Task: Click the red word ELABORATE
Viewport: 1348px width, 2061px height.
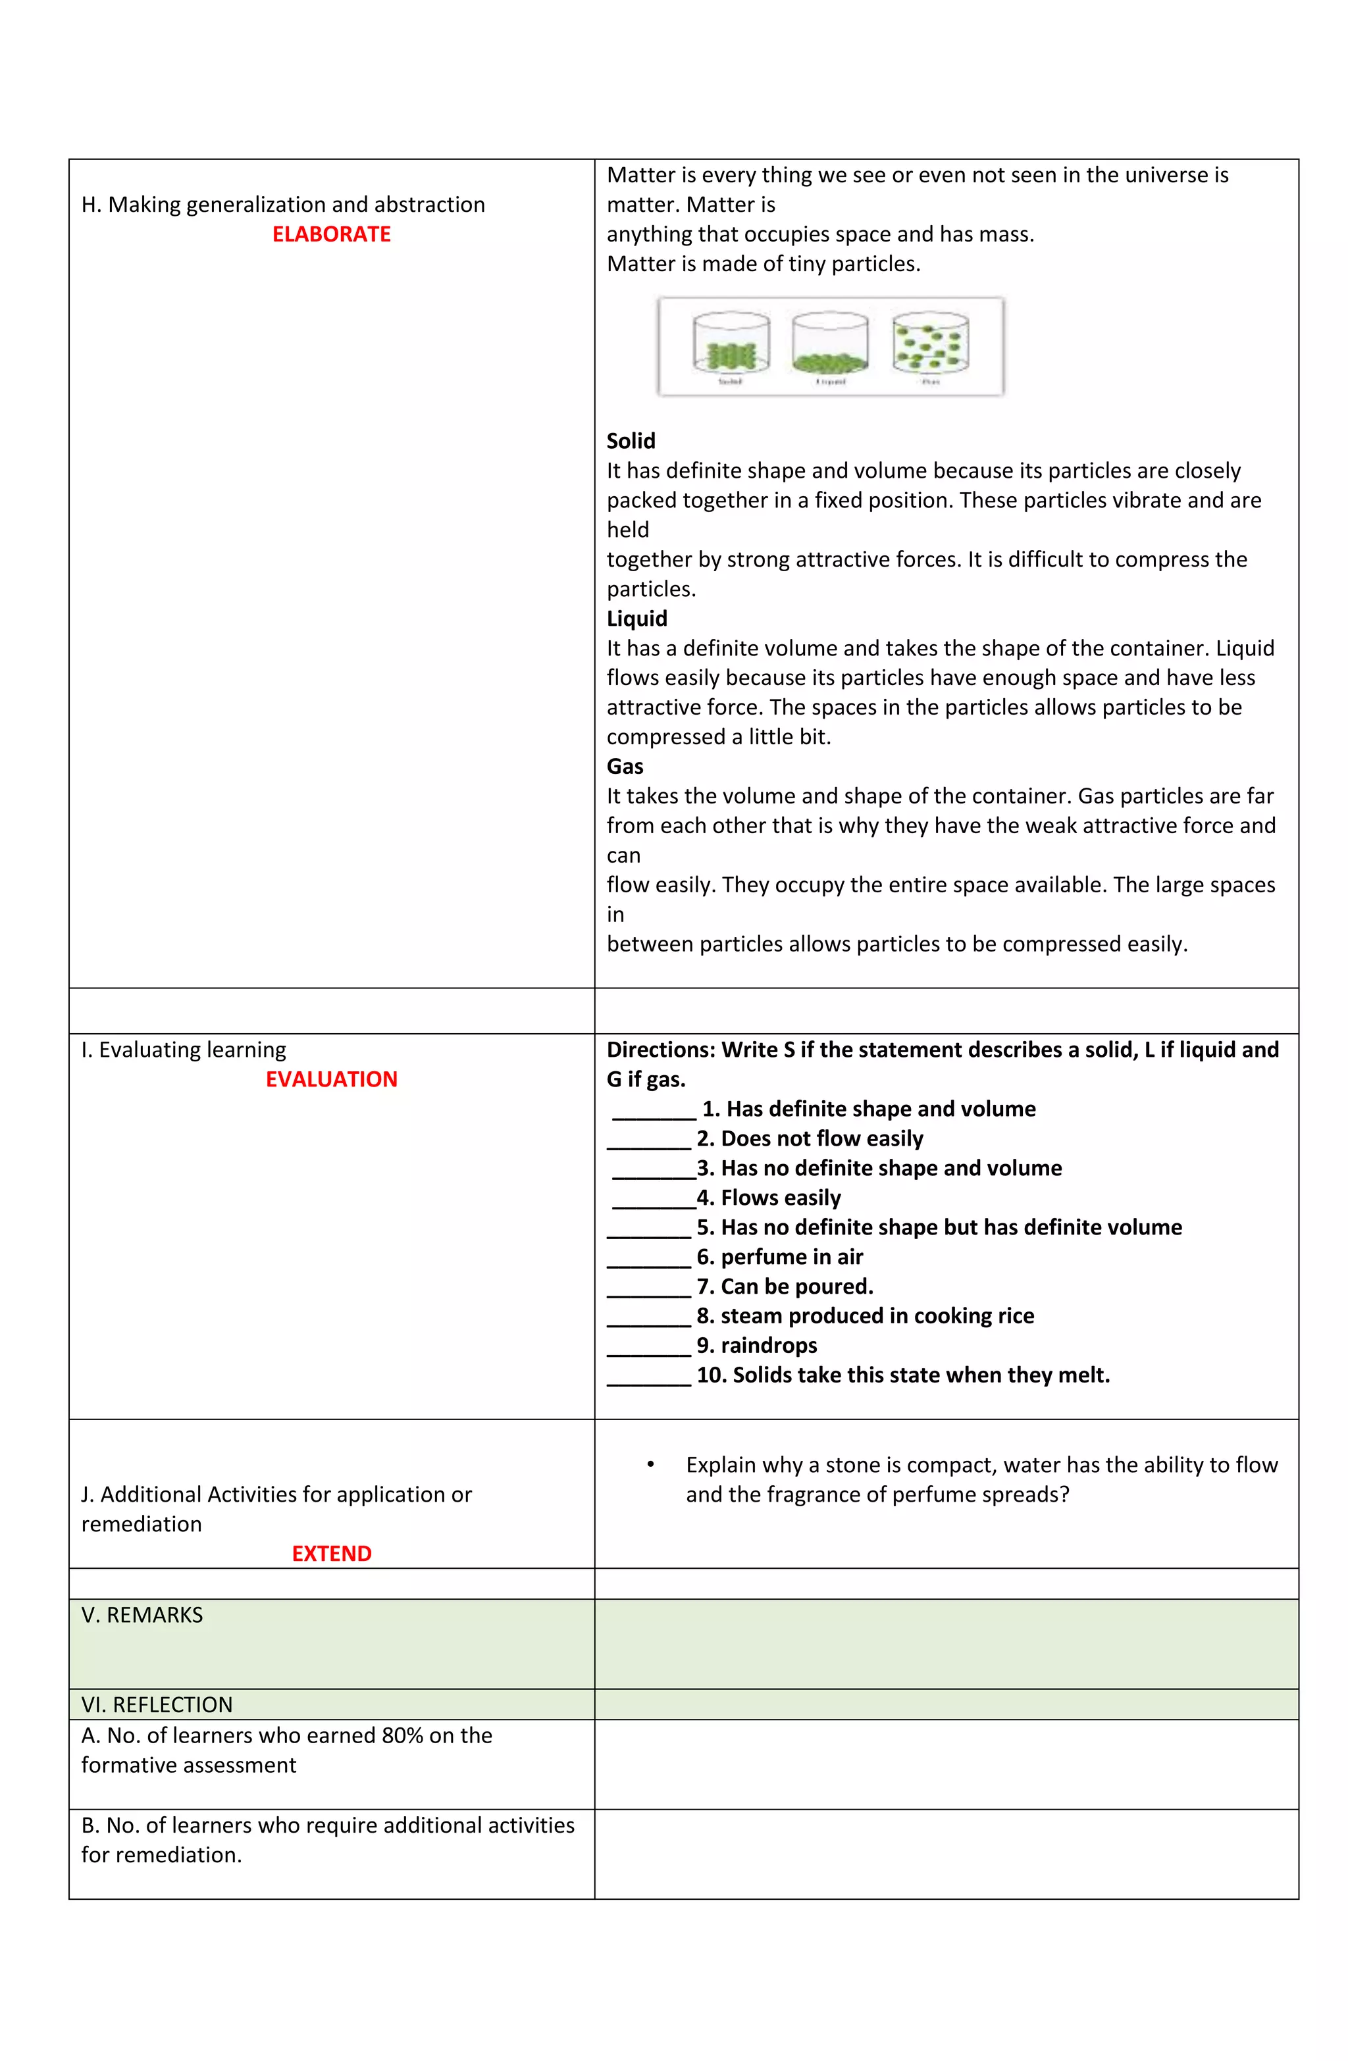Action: coord(331,234)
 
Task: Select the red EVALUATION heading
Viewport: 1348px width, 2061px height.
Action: coord(331,1079)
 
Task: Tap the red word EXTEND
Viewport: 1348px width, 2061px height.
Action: coord(331,1554)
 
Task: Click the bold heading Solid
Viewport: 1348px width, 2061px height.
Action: coord(631,441)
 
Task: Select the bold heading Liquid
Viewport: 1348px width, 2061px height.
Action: coord(636,619)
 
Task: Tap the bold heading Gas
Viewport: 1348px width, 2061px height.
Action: coord(625,767)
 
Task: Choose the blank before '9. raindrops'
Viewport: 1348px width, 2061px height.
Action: coord(649,1348)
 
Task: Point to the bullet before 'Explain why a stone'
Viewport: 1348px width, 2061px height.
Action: coord(650,1464)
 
